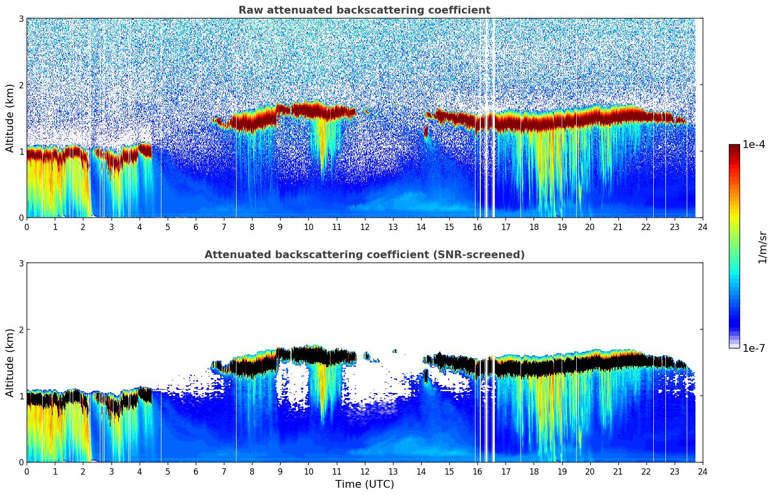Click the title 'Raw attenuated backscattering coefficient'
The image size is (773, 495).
364,10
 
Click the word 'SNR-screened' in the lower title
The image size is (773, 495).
489,255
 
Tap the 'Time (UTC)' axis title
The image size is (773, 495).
364,484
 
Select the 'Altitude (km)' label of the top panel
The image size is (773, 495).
10,118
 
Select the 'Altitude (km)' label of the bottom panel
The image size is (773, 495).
10,363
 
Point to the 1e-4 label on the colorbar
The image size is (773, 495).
754,145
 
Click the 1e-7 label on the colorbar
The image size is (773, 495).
754,348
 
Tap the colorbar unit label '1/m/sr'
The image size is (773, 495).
762,247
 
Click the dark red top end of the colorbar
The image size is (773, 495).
734,147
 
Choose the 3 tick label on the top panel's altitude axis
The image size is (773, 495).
21,19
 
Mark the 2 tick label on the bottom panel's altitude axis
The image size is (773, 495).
21,330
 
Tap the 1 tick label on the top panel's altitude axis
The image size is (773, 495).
21,151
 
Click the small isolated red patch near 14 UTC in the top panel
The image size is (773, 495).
426,132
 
